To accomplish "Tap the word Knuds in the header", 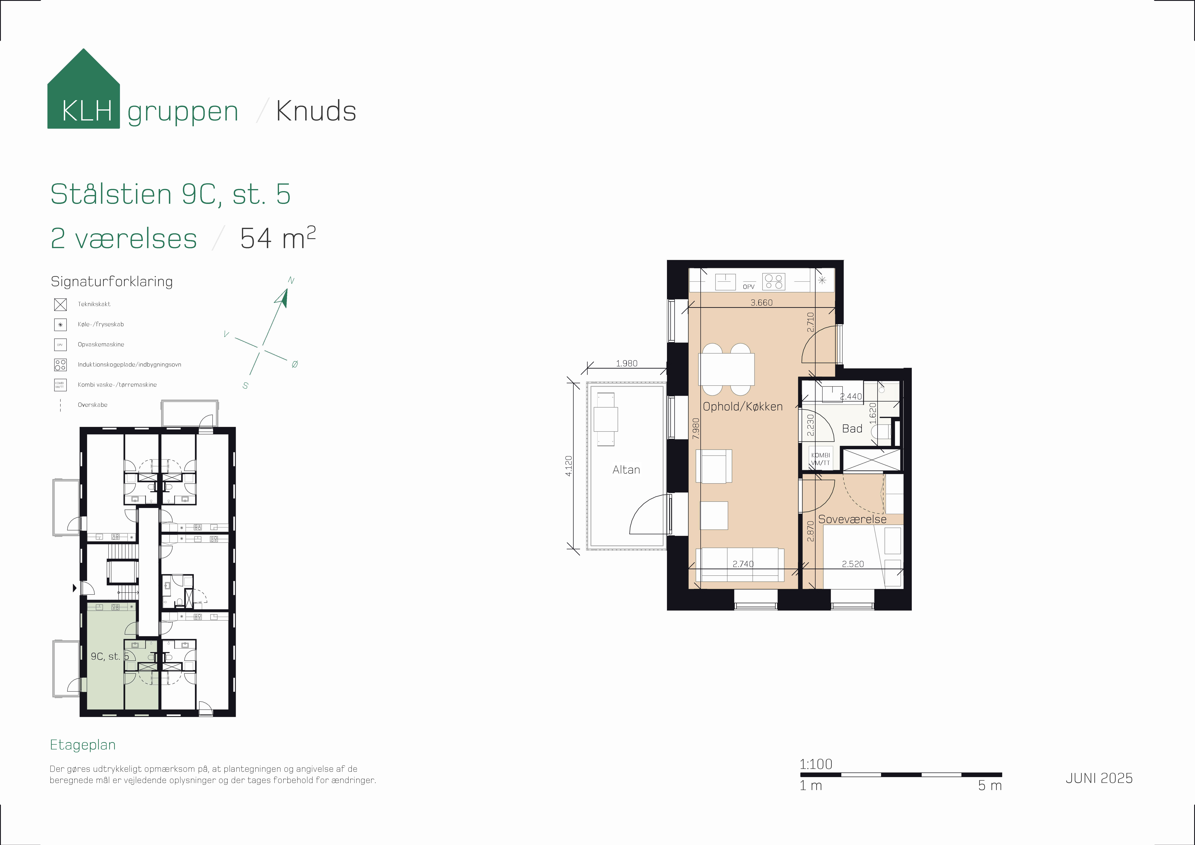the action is click(316, 111).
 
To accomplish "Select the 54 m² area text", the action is click(277, 238).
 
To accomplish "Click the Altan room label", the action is click(626, 470).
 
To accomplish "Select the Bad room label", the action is click(852, 428).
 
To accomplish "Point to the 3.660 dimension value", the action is click(761, 303).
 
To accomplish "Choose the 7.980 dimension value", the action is click(696, 428).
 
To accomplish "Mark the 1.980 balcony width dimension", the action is click(627, 363).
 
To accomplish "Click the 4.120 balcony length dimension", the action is click(569, 466).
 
